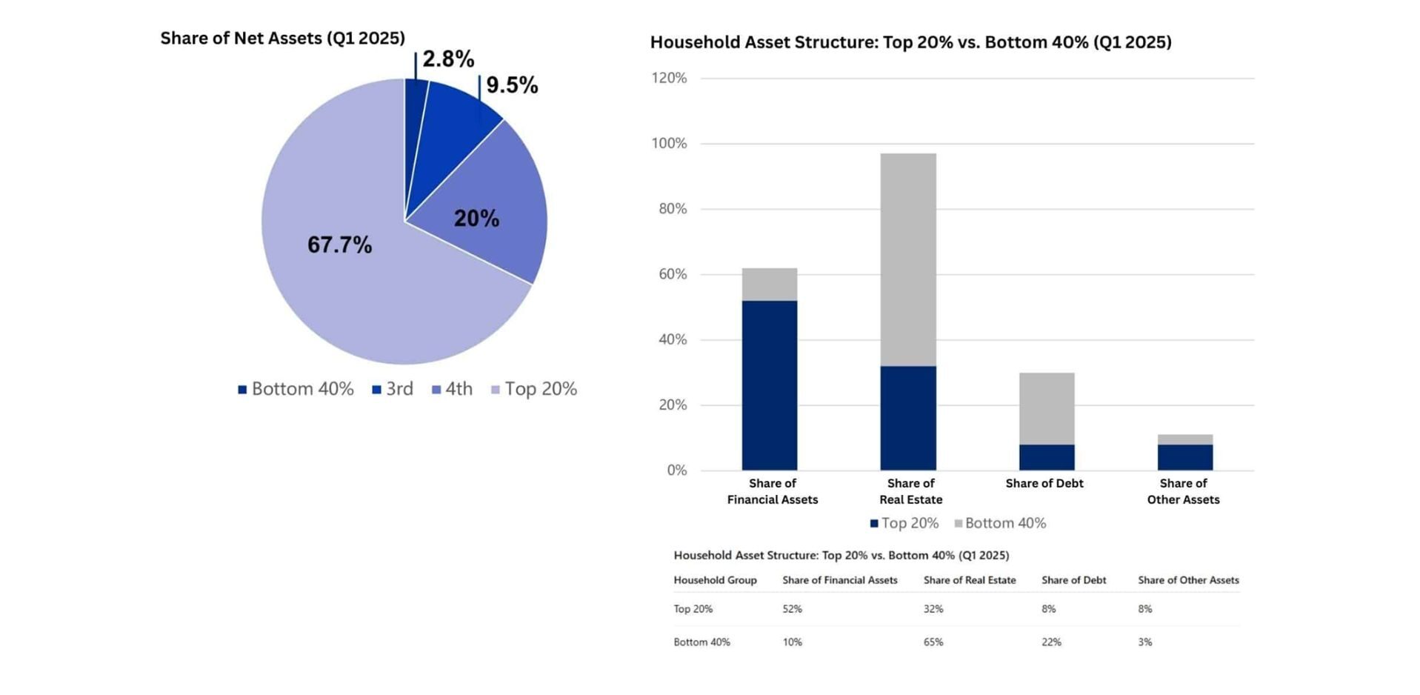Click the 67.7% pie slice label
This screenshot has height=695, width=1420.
(x=339, y=245)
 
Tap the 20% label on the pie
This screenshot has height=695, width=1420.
(x=476, y=218)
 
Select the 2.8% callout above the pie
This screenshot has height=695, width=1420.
(x=448, y=59)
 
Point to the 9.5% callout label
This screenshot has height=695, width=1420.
(x=512, y=84)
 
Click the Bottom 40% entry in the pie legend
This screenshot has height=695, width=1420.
(x=296, y=389)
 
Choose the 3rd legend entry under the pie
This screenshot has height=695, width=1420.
(x=393, y=389)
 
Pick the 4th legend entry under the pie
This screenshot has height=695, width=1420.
(x=452, y=389)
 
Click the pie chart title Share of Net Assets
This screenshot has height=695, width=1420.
(x=283, y=38)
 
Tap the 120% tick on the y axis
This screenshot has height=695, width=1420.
(x=669, y=78)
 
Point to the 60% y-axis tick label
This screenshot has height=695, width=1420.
(x=673, y=274)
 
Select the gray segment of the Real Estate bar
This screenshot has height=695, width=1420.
(x=908, y=259)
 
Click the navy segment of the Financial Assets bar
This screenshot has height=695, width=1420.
(x=770, y=385)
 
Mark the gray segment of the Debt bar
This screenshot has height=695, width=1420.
(x=1047, y=408)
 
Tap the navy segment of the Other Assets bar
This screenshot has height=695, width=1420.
(x=1185, y=457)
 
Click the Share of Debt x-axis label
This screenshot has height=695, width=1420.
(x=1044, y=483)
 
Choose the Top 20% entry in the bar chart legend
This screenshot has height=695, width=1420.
(x=904, y=523)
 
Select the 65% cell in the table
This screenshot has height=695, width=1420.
(x=933, y=642)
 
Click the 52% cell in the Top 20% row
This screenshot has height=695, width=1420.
(x=793, y=609)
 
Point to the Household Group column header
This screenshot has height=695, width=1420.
(x=715, y=580)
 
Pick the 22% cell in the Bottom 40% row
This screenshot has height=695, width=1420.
(x=1052, y=642)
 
